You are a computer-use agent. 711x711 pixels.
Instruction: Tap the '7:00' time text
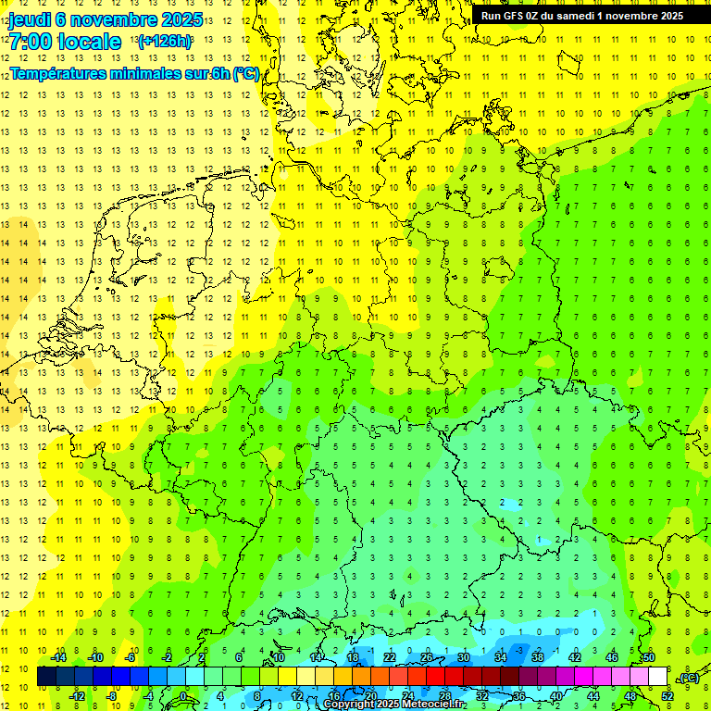click(x=29, y=42)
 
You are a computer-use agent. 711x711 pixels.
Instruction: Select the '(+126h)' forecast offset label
click(x=164, y=41)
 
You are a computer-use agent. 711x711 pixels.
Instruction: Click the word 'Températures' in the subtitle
click(x=58, y=73)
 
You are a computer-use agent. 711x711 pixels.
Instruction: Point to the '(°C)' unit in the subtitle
click(x=245, y=74)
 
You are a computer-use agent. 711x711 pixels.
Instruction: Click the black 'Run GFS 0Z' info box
click(x=581, y=15)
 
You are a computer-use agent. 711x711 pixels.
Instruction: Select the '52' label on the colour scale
click(x=667, y=696)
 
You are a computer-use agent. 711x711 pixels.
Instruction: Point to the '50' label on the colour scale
click(x=649, y=657)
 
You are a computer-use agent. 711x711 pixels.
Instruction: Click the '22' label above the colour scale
click(x=390, y=657)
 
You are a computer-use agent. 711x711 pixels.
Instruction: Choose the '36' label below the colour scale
click(x=519, y=696)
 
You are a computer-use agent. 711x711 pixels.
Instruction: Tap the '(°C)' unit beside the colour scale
click(x=689, y=678)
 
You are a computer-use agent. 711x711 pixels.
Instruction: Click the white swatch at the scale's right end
click(x=657, y=677)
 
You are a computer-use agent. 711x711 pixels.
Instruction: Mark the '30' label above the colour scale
click(x=464, y=657)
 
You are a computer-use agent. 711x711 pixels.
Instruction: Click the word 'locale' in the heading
click(x=89, y=42)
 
